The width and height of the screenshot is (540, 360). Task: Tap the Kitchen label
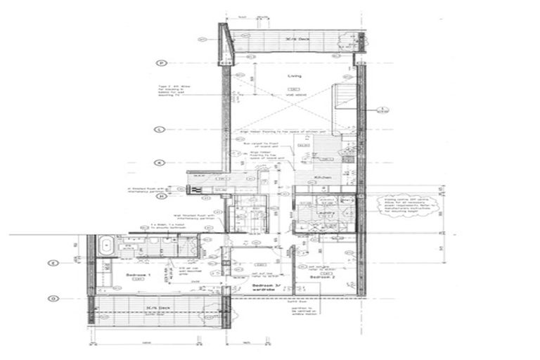coord(322,179)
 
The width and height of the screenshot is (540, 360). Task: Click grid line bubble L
coord(160,129)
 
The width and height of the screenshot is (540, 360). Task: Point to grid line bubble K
coord(160,162)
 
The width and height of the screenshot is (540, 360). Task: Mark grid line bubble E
coord(51,264)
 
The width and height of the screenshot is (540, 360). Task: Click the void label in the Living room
coord(293,94)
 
